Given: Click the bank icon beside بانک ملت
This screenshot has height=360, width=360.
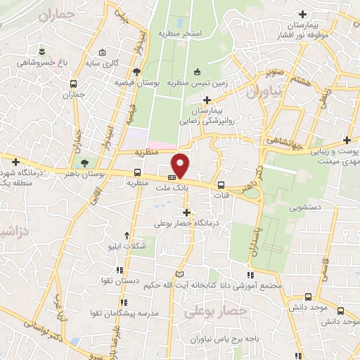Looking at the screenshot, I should (172, 177).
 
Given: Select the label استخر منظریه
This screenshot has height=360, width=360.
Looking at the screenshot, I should (180, 34).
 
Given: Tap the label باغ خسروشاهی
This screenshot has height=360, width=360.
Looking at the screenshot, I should (43, 63).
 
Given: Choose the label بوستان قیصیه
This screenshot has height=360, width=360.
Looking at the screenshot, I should (138, 82).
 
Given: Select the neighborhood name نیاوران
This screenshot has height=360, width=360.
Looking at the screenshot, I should (263, 91).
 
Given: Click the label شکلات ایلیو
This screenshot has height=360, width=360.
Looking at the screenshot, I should (127, 247).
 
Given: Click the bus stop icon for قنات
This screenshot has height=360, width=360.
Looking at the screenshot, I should (223, 177).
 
